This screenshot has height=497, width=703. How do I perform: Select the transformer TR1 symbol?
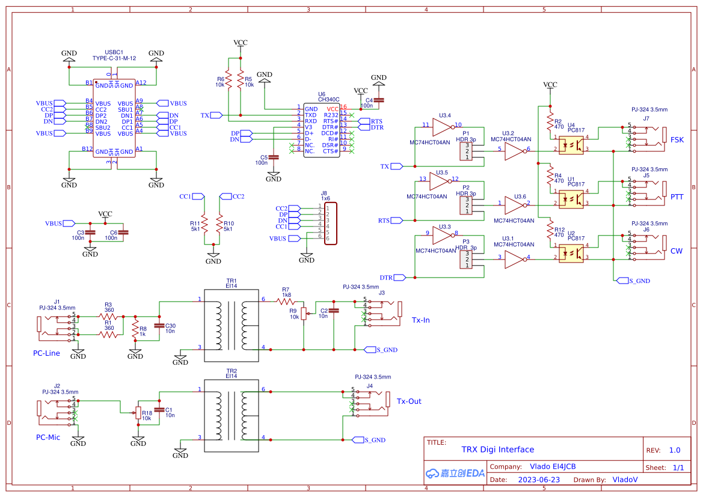pos(232,325)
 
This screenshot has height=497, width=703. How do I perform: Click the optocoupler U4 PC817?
pos(571,145)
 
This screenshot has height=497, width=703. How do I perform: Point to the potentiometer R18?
pos(138,412)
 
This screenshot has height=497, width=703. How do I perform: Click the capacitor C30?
pos(159,325)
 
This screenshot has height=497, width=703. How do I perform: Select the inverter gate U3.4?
pos(442,126)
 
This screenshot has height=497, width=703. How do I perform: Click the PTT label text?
pos(677,197)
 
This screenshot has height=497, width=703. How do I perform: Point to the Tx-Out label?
pos(409,401)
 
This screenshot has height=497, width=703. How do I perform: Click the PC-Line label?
pos(46,353)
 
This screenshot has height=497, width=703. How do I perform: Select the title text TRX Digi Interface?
pos(497,450)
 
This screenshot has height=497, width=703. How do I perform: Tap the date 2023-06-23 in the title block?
pos(539,480)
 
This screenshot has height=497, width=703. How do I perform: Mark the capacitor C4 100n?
pos(379,100)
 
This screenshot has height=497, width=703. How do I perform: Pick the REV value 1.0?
pos(674,450)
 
